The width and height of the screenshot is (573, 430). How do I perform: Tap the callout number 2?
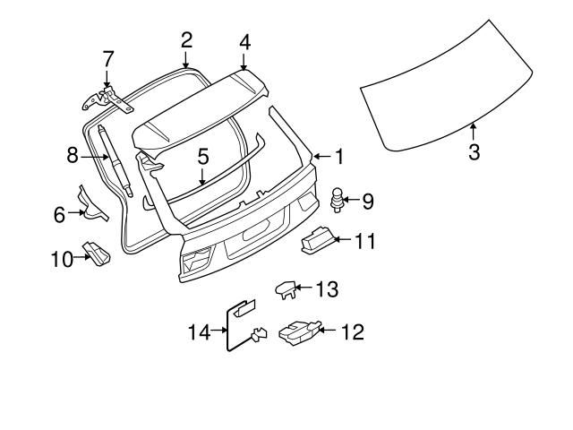coord(186,39)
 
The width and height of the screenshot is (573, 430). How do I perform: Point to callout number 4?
coord(244,42)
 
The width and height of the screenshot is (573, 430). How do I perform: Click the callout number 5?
coord(203,156)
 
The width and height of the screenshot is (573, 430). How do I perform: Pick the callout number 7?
coord(108,59)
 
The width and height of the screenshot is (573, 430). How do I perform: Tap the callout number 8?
coord(73,156)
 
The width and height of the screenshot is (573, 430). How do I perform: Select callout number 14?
coord(200,332)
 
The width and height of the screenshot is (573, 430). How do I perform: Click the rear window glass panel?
coord(457,90)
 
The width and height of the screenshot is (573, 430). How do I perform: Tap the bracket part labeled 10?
coord(97,254)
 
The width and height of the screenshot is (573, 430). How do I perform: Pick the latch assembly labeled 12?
coord(299,332)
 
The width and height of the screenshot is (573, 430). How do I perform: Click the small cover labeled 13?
coord(284,288)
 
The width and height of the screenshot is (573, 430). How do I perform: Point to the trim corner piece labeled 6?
coord(90,203)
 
